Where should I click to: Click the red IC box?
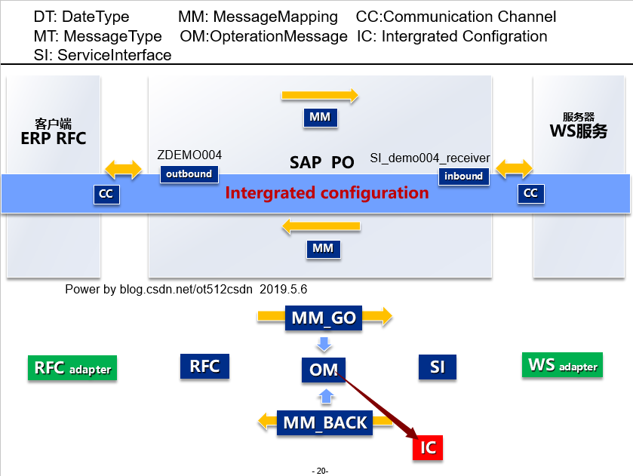[x=428, y=447]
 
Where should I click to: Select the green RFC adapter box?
[x=72, y=368]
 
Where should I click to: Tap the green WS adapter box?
[x=563, y=366]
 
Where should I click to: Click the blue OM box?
[x=323, y=370]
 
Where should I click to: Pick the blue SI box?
[x=438, y=367]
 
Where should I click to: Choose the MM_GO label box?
[x=324, y=318]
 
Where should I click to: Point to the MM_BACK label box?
[x=324, y=422]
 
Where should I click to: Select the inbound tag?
[x=463, y=176]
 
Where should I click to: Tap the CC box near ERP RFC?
[x=106, y=194]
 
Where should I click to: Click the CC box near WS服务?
[x=530, y=193]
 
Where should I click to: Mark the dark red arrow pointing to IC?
[x=377, y=404]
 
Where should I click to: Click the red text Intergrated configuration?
[x=327, y=193]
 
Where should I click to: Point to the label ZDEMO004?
[x=189, y=155]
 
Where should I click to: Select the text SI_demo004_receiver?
[x=430, y=158]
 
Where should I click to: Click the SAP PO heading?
[x=321, y=162]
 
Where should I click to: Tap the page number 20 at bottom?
[x=320, y=471]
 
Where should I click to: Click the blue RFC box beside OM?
[x=204, y=367]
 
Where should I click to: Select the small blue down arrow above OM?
[x=324, y=345]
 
